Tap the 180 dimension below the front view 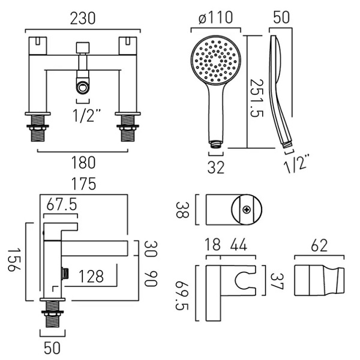[81, 162]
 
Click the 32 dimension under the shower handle [216, 167]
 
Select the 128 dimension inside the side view [90, 276]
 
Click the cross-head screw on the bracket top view [247, 209]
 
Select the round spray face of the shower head [215, 61]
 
